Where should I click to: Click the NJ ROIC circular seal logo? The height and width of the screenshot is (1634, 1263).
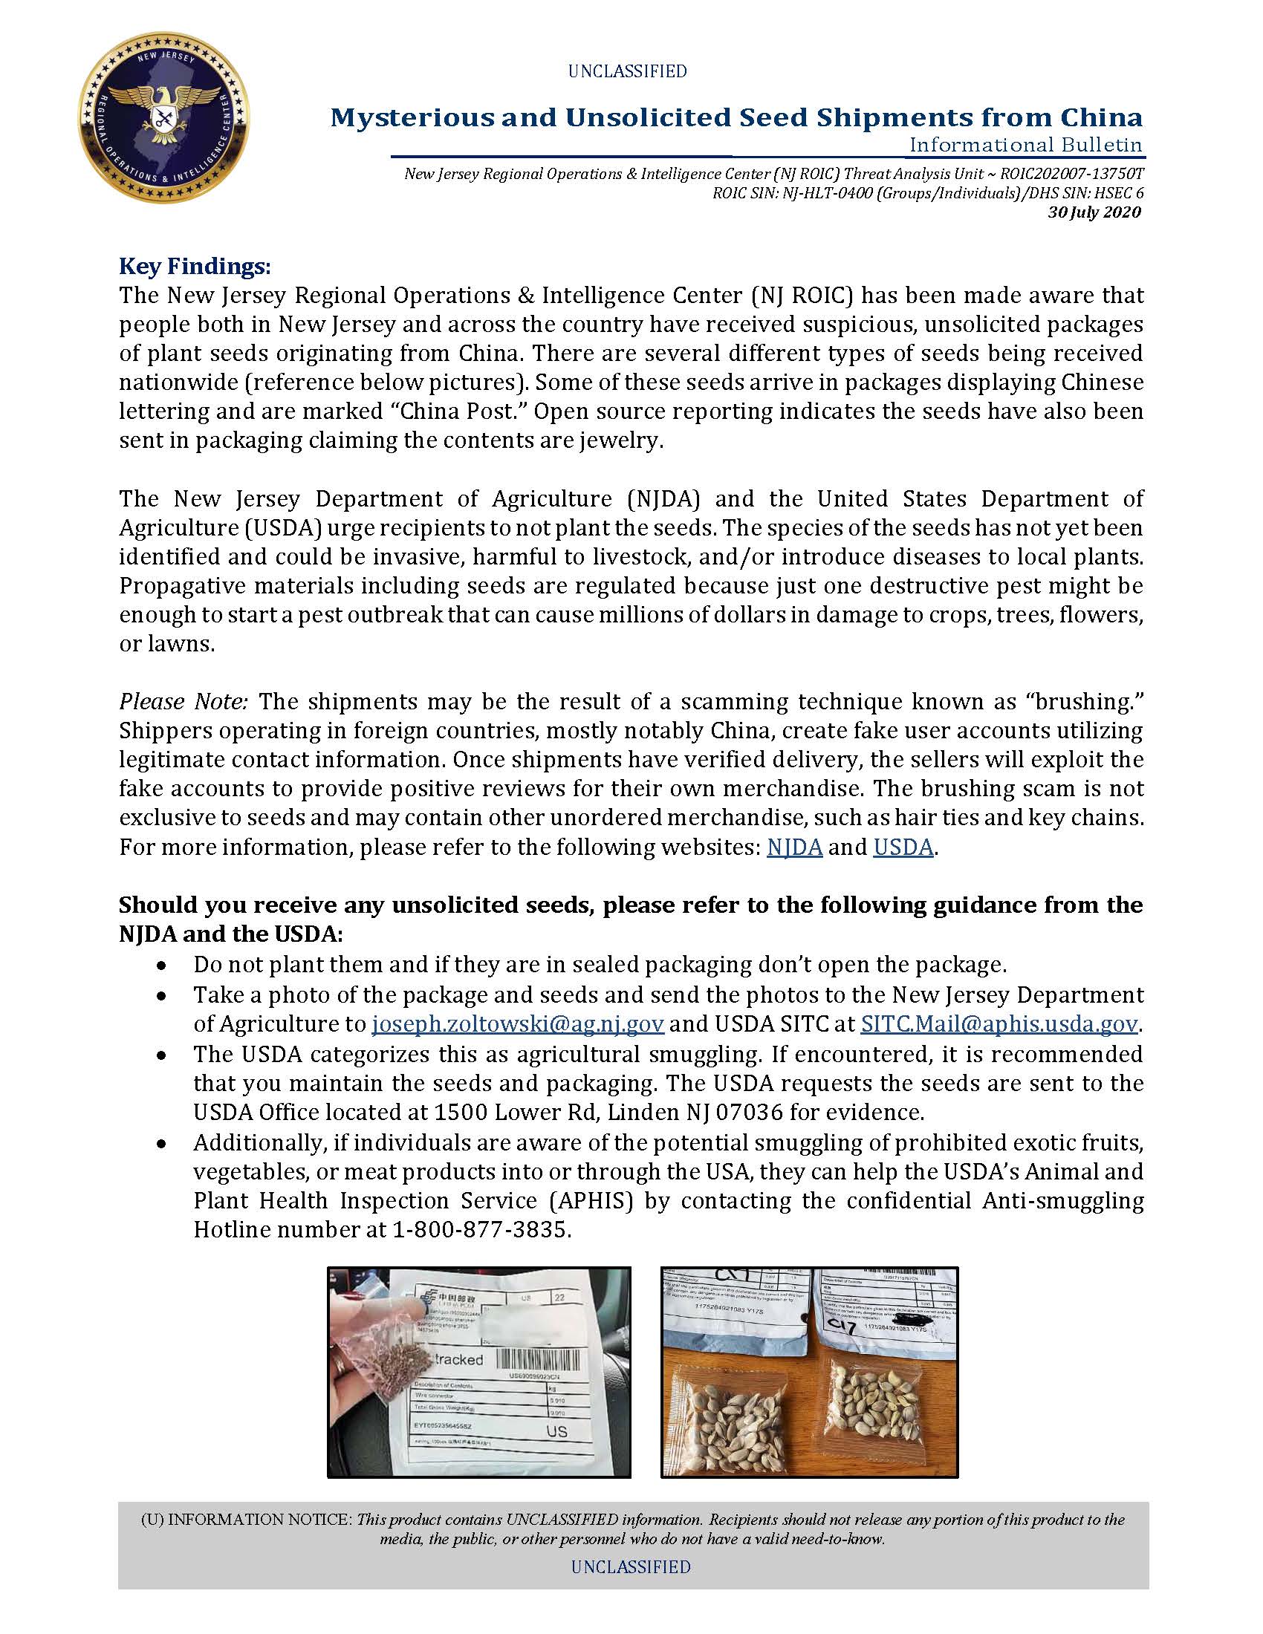164,118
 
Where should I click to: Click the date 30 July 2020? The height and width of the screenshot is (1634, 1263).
1094,212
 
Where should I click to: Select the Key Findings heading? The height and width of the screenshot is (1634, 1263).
195,267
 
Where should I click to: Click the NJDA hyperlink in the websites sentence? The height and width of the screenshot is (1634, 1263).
795,847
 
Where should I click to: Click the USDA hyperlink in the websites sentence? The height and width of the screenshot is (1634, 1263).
903,847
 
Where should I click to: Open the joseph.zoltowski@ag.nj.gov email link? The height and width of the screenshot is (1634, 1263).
518,1023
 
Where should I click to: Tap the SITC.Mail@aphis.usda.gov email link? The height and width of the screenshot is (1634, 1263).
999,1023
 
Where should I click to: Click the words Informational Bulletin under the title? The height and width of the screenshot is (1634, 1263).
1026,144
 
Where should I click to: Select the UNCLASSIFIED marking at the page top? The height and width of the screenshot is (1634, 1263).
627,72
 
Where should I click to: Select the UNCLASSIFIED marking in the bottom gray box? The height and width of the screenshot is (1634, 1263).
631,1566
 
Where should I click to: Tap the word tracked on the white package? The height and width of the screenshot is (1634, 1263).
458,1359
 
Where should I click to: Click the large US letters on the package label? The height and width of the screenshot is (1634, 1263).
556,1431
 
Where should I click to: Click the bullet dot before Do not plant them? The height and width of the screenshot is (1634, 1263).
161,966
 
